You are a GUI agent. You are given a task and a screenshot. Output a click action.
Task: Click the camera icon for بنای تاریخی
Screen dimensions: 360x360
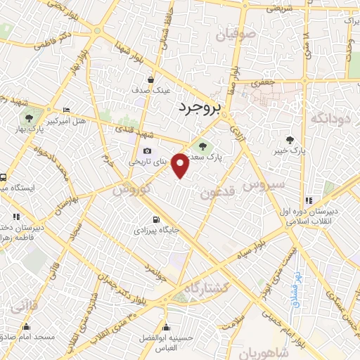(x=147, y=150)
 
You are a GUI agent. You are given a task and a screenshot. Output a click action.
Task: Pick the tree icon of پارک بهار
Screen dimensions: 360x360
(x=29, y=118)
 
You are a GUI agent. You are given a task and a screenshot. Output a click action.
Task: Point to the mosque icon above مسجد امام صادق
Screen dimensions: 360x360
(x=27, y=326)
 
